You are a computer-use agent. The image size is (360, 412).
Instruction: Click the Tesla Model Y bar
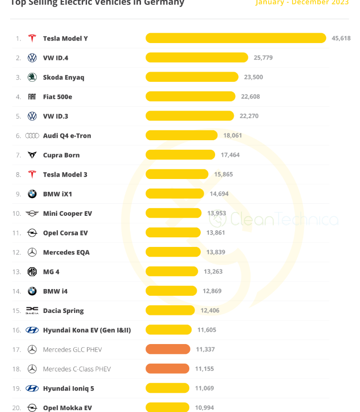tap(236, 38)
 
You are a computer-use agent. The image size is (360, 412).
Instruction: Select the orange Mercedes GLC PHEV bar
tap(168, 349)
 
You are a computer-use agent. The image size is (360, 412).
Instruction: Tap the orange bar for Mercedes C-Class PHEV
tap(167, 369)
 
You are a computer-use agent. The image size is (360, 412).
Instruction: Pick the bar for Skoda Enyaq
tap(192, 77)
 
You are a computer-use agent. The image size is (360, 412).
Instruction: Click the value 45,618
tap(341, 38)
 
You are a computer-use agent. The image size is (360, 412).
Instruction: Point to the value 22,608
tap(251, 97)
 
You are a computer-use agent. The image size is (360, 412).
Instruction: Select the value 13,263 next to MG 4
tap(213, 272)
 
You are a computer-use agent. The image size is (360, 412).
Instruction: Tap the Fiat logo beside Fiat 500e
tap(32, 97)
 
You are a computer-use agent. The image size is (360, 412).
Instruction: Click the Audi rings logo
tap(32, 136)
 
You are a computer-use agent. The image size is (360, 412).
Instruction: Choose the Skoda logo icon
tap(32, 77)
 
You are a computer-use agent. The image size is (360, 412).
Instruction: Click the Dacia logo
tap(32, 311)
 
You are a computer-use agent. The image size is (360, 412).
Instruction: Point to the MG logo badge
tap(32, 272)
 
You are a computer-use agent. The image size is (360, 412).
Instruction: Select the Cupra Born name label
tap(61, 155)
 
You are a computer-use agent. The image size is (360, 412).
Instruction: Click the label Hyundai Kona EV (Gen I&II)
tap(87, 330)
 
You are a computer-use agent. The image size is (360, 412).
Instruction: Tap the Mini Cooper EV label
tap(67, 213)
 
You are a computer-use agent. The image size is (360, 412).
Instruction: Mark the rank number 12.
tap(17, 252)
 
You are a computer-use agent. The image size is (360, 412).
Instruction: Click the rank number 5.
tap(19, 116)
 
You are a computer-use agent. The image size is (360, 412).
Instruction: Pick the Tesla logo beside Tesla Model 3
tap(32, 175)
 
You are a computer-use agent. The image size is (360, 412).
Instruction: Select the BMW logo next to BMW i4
tap(32, 291)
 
